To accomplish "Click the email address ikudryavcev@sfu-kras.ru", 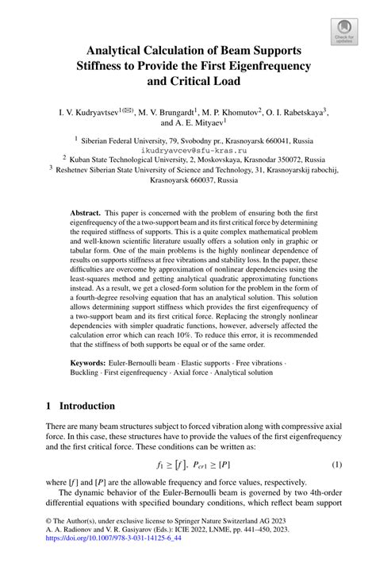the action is tap(188, 148).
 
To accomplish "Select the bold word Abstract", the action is tap(86, 215).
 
